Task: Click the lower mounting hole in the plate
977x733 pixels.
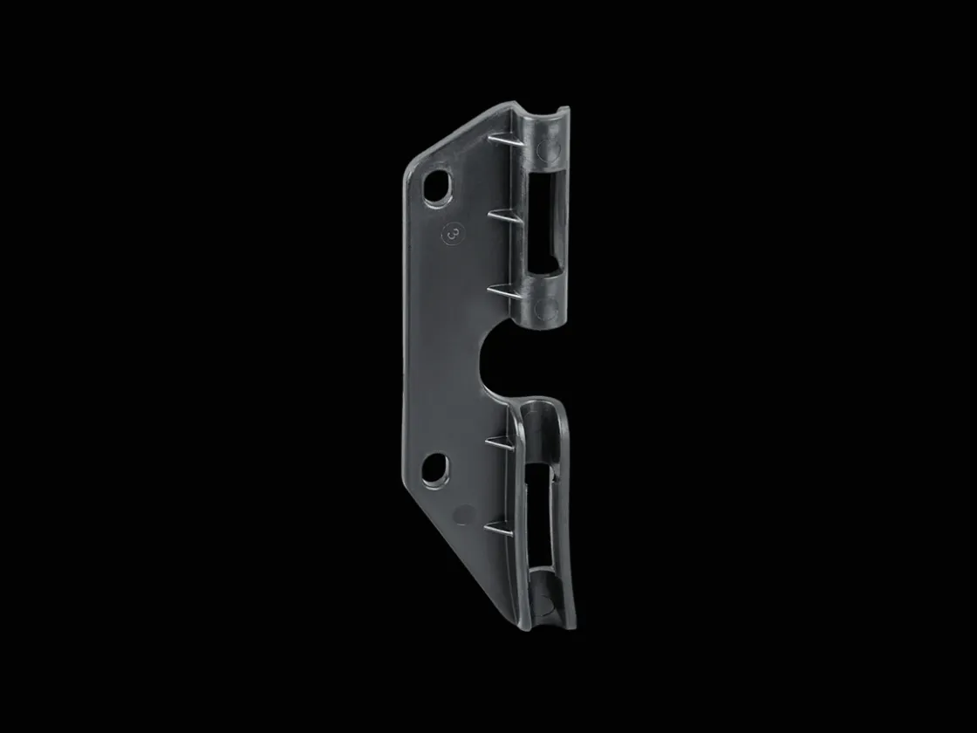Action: [436, 469]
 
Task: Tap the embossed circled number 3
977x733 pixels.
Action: [453, 235]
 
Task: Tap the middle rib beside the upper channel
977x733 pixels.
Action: [503, 217]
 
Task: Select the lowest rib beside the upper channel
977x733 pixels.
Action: [503, 291]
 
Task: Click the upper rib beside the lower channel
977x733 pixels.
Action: [501, 444]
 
